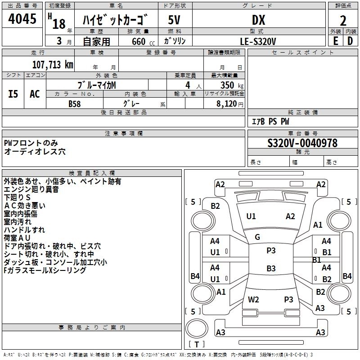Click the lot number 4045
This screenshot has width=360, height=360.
click(22, 19)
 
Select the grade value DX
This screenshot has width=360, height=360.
click(258, 20)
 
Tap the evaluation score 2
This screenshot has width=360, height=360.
click(343, 21)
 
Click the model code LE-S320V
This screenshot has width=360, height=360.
click(258, 41)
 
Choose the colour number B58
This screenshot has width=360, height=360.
click(75, 103)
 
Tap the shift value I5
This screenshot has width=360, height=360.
click(13, 94)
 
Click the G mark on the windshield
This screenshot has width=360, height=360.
click(257, 237)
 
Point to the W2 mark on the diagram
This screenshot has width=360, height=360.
click(253, 299)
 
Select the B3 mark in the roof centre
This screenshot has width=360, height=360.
click(271, 269)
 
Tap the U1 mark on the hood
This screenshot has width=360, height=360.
click(251, 216)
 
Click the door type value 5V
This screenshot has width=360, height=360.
click(174, 20)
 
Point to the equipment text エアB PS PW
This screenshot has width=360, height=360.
click(270, 121)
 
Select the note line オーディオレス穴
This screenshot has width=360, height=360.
click(35, 152)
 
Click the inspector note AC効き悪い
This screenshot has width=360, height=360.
click(24, 206)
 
